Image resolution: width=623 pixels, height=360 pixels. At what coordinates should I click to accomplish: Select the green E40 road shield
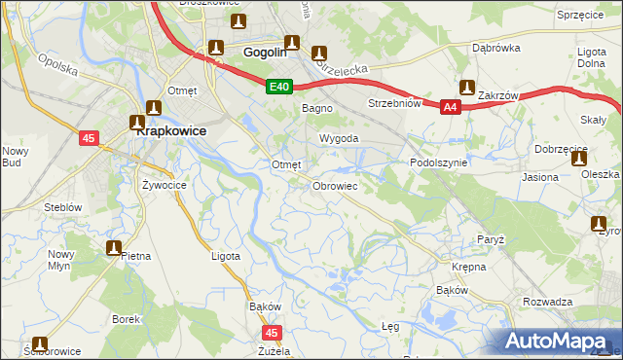pos(279,88)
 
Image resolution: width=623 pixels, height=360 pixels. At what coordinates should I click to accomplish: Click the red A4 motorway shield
pos(450,108)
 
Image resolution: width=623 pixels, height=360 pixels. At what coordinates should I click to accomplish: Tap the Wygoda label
pos(340,139)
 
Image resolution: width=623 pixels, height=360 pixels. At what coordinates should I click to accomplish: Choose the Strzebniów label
pos(393,103)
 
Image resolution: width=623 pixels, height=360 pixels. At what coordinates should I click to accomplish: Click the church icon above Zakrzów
pos(467,88)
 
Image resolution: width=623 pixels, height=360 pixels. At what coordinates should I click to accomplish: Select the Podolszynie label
pos(440,163)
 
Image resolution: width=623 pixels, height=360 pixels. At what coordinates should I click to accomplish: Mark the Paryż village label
pos(489,238)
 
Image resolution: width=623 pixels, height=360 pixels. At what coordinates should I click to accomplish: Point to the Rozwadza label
pos(547,302)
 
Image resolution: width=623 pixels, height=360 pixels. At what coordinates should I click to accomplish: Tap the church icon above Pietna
pos(114,248)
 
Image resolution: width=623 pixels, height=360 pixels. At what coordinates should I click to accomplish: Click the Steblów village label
pos(62,207)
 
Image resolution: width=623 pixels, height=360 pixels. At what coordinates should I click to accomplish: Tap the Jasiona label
pos(540,177)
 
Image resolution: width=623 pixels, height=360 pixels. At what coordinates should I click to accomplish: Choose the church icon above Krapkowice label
pos(153,108)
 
